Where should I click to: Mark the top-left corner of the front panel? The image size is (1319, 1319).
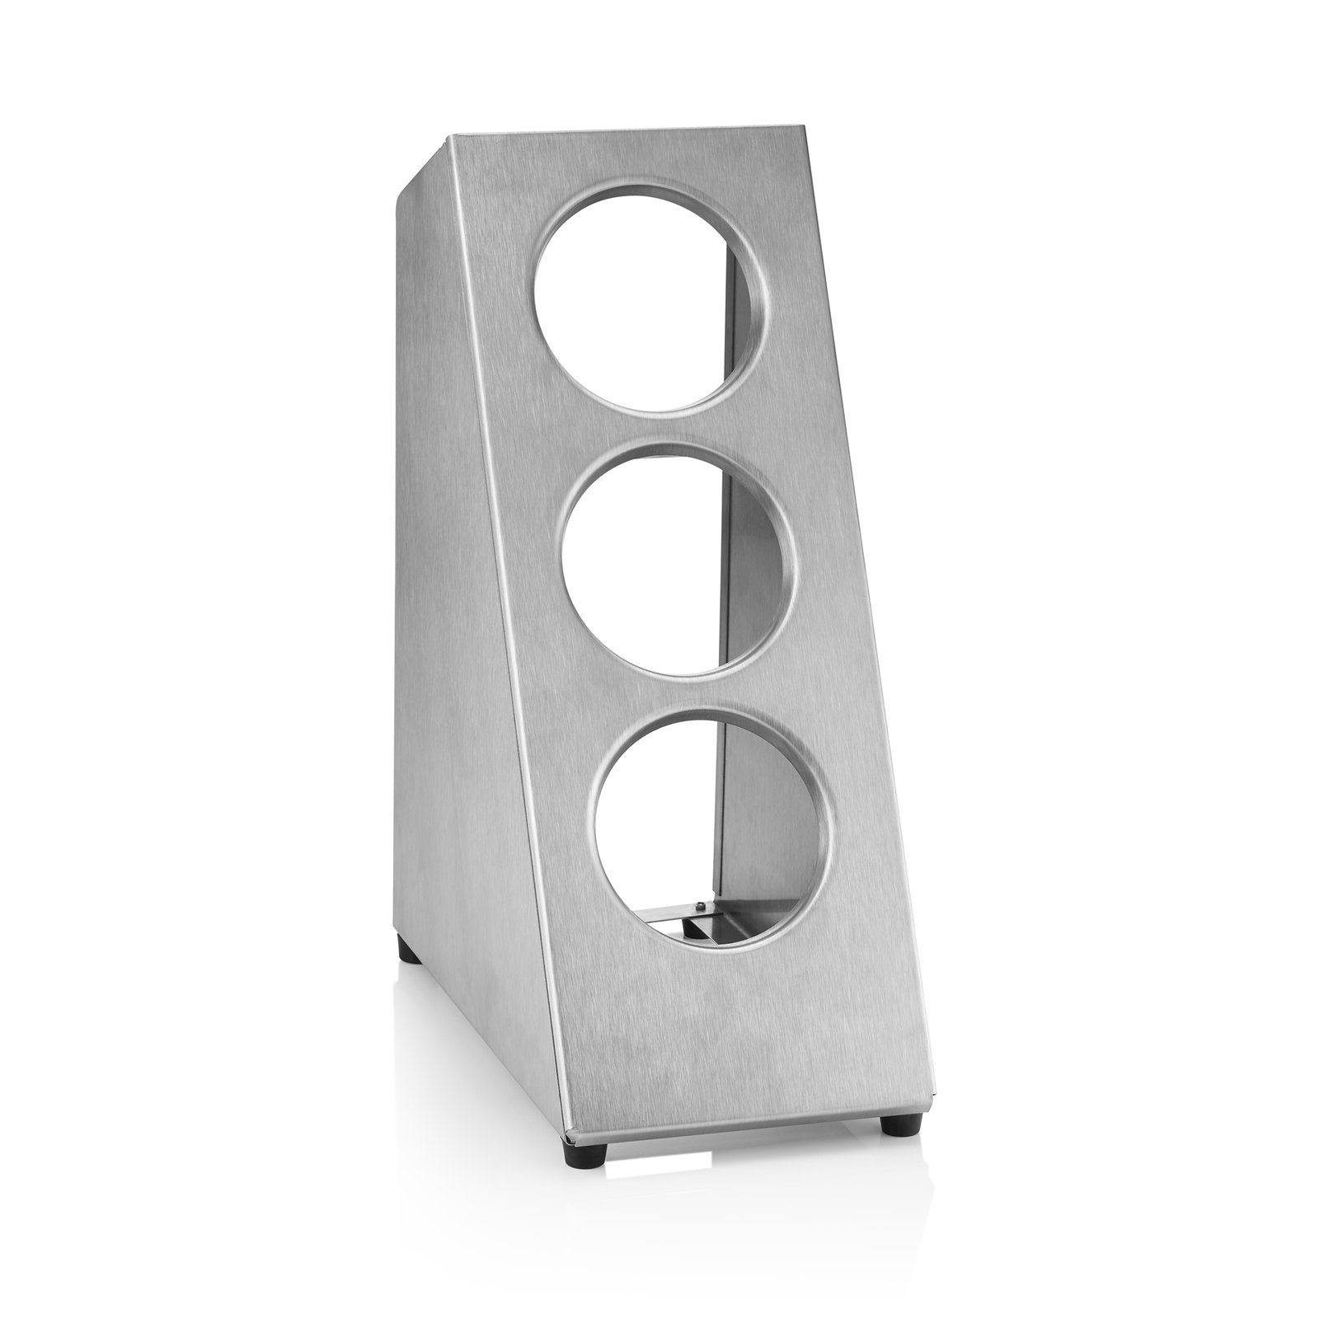449,138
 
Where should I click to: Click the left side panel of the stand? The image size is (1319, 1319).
462,618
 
